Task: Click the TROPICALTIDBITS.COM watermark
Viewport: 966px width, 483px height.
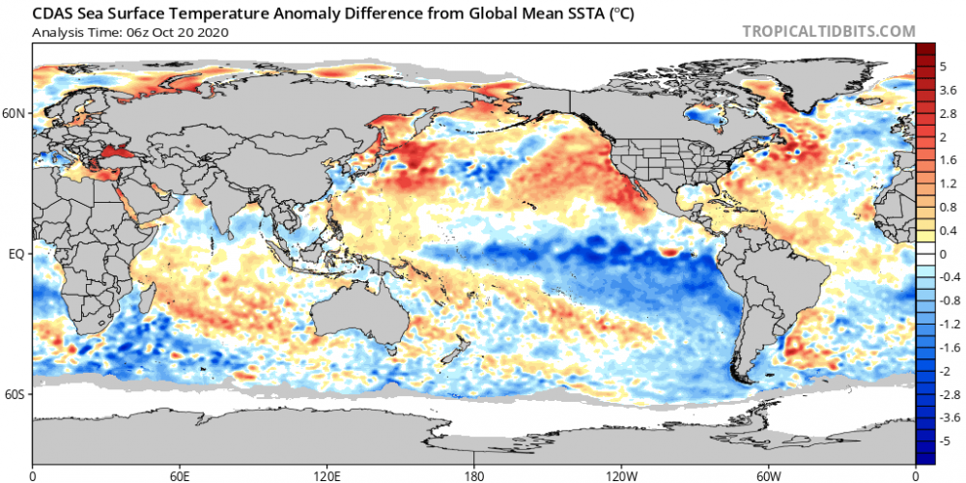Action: [828, 31]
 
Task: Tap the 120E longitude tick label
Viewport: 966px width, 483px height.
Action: [327, 475]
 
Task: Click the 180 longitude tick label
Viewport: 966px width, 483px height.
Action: [474, 475]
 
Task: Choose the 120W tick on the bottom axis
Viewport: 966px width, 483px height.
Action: [621, 475]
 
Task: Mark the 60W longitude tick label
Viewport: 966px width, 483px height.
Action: [768, 475]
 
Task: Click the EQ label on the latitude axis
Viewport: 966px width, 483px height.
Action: [15, 254]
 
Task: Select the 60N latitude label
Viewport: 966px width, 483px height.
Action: [15, 113]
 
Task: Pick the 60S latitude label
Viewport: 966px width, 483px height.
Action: [15, 394]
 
